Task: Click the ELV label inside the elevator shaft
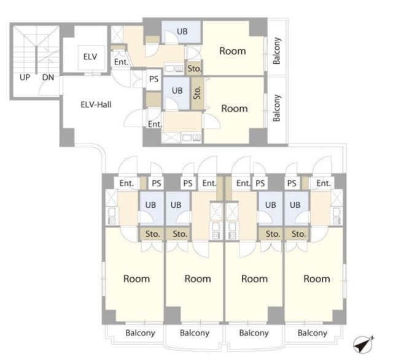click(90, 57)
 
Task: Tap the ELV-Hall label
click(96, 105)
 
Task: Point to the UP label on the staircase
click(25, 78)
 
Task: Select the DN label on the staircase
click(48, 78)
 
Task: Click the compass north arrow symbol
click(363, 344)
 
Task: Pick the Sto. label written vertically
click(198, 93)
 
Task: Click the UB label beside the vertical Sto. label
click(177, 91)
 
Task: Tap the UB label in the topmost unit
click(182, 31)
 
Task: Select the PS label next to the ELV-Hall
click(154, 79)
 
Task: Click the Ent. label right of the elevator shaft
click(122, 62)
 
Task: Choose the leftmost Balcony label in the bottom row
click(140, 333)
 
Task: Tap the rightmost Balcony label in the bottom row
click(313, 333)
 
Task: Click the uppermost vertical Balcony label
click(277, 51)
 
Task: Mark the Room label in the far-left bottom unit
click(136, 279)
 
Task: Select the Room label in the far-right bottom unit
click(317, 279)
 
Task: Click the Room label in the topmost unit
click(233, 51)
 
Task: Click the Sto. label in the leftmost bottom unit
click(153, 234)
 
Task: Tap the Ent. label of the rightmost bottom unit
click(324, 183)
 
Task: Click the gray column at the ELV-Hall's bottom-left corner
click(67, 137)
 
